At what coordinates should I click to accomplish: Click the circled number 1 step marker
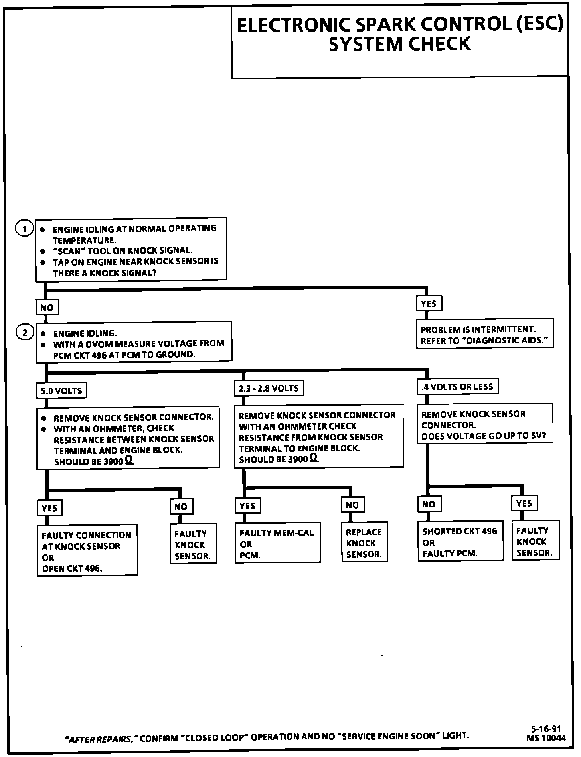tap(25, 229)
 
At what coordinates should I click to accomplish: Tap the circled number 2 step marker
tap(25, 333)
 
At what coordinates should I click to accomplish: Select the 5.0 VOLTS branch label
tap(61, 390)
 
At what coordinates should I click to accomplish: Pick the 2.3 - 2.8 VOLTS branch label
tap(269, 388)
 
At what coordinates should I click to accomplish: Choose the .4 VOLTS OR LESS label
tap(457, 386)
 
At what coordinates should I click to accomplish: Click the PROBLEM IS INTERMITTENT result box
tap(485, 334)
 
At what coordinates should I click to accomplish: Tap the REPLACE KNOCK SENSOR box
tap(364, 543)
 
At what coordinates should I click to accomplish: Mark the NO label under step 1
tap(47, 308)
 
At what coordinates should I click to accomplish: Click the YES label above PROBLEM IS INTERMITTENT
tap(429, 304)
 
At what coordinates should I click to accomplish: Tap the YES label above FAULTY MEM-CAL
tap(247, 505)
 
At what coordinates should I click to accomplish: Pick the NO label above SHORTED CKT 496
tap(429, 504)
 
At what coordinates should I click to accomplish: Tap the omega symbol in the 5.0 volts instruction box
tap(129, 461)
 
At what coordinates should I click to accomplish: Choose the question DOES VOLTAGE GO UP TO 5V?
tap(484, 436)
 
